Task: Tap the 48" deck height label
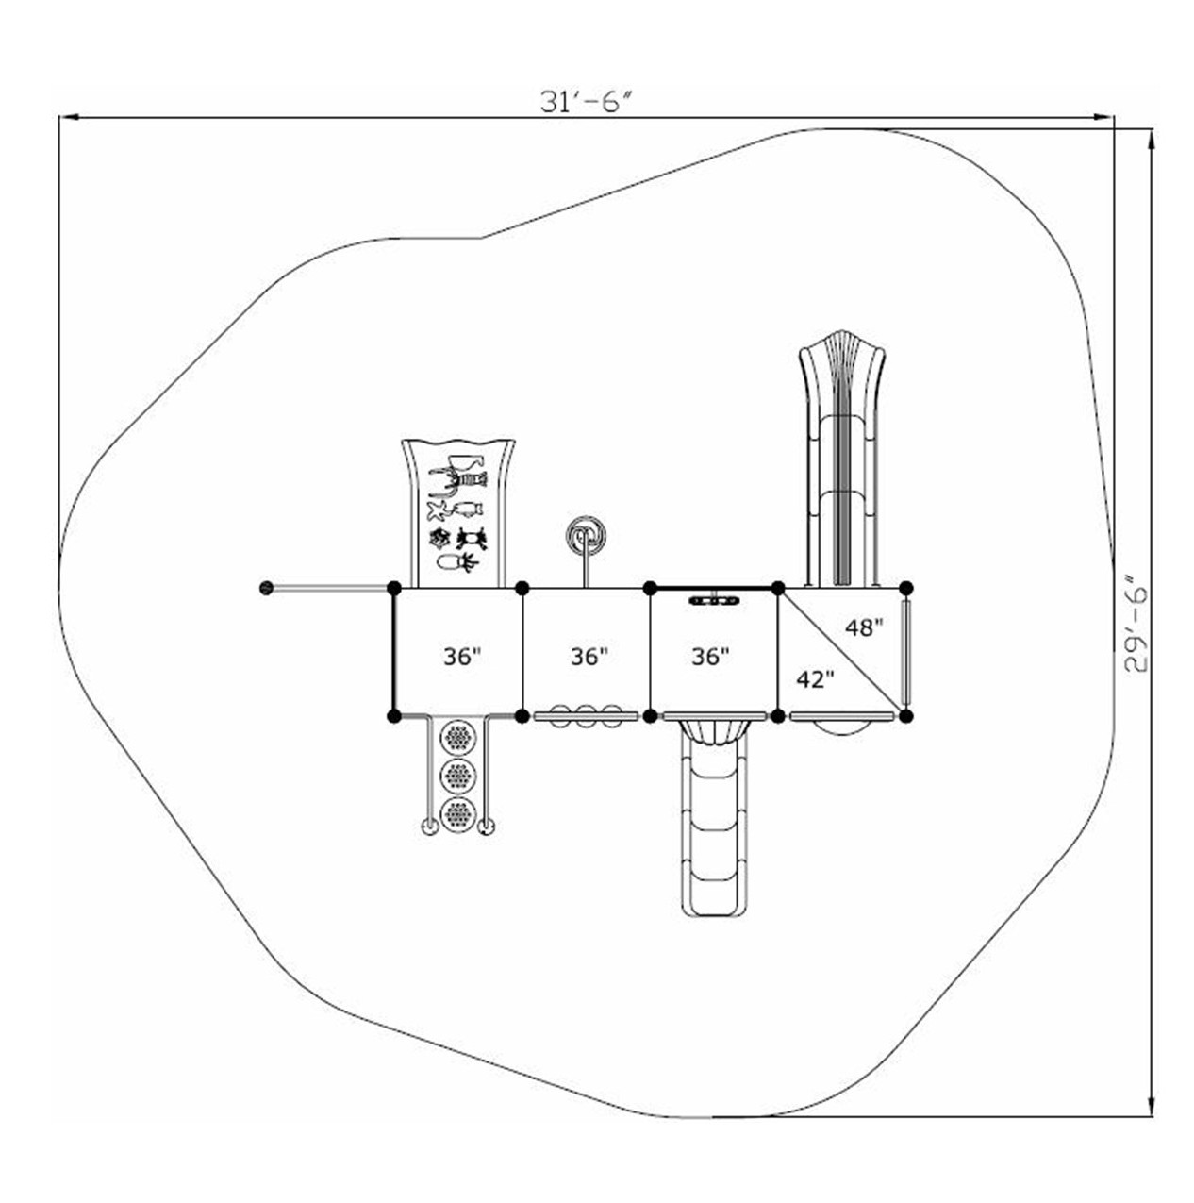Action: tap(865, 627)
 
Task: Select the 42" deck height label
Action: tap(815, 678)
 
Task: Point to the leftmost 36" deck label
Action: tap(462, 656)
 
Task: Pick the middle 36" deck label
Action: tap(589, 656)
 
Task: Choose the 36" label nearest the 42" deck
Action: tap(710, 656)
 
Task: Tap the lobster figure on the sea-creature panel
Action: tap(457, 480)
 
